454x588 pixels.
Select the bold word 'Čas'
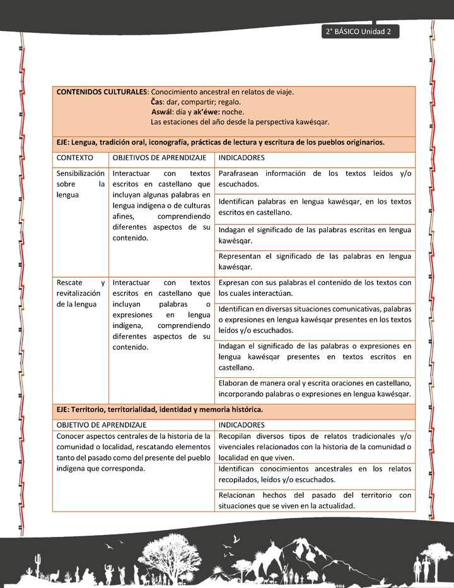click(x=156, y=102)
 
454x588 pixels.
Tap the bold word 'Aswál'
click(x=154, y=112)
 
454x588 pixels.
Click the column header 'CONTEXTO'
click(x=74, y=158)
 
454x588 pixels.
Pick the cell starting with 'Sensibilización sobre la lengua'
click(x=81, y=184)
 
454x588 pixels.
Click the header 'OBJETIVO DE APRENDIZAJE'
click(x=102, y=425)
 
